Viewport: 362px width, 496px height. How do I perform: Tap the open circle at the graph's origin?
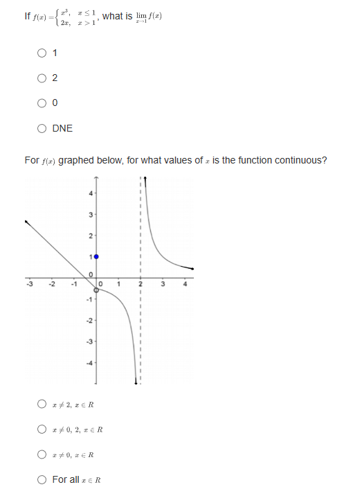point(96,291)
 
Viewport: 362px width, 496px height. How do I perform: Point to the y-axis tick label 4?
point(90,195)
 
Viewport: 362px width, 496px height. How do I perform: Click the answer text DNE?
point(62,128)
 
